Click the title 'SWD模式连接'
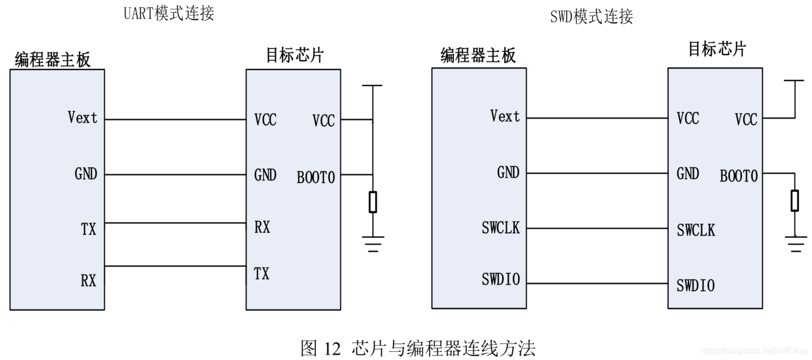point(591,16)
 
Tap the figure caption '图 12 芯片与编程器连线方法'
point(418,348)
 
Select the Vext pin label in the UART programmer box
point(82,117)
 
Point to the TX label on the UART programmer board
point(88,229)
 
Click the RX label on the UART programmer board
point(88,281)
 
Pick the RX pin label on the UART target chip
point(262,227)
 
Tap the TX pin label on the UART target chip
point(262,273)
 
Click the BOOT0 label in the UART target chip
point(315,178)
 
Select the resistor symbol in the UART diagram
point(373,202)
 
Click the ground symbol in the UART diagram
point(373,243)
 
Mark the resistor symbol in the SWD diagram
point(794,200)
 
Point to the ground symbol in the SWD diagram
point(796,243)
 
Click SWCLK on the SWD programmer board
point(500,228)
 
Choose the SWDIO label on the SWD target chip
point(695,285)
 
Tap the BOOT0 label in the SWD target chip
point(738,176)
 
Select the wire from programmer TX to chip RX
point(175,223)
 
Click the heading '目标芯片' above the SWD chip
point(717,49)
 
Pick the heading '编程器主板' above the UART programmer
point(53,60)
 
